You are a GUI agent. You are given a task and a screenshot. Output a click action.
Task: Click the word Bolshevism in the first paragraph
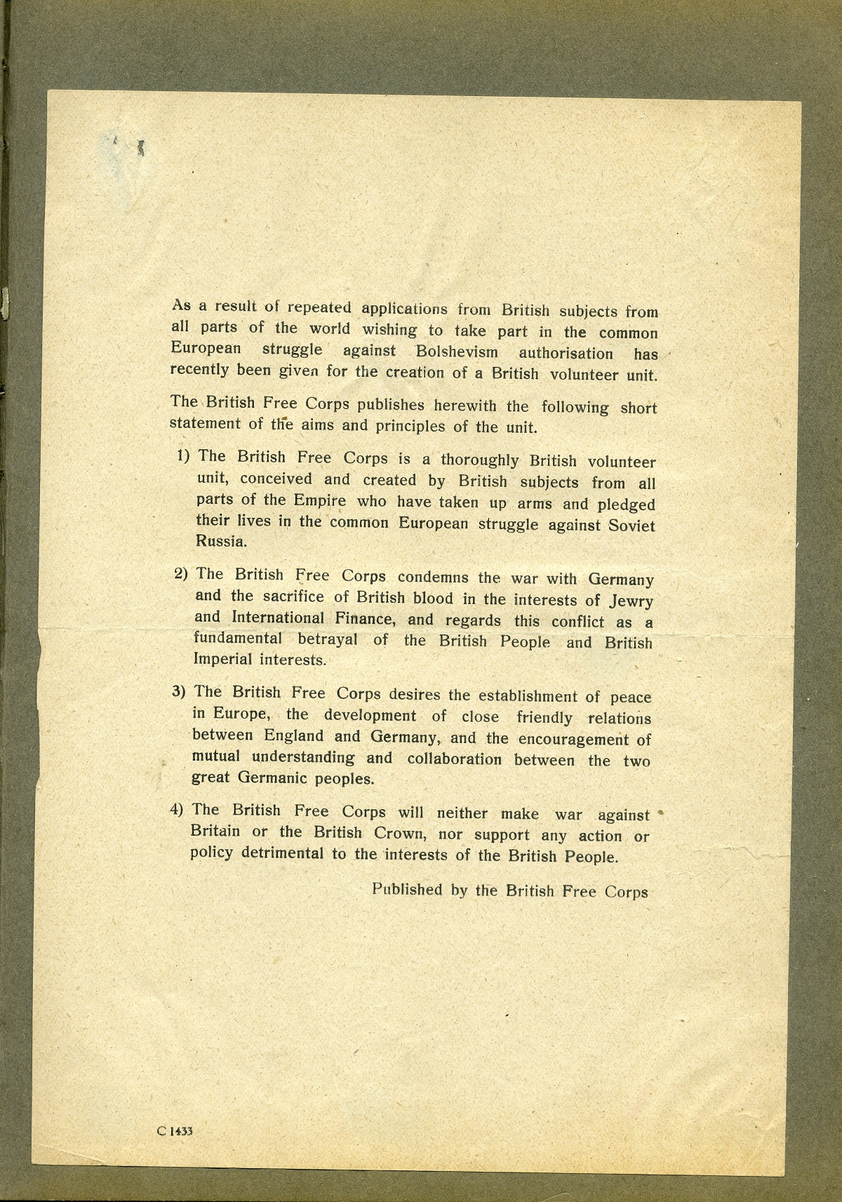click(457, 351)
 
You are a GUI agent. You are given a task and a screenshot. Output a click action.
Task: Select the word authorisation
click(566, 353)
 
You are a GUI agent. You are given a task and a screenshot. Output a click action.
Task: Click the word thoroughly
click(479, 460)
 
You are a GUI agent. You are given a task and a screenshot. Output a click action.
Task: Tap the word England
click(294, 736)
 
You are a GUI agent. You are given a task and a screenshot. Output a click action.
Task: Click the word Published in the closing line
click(407, 890)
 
